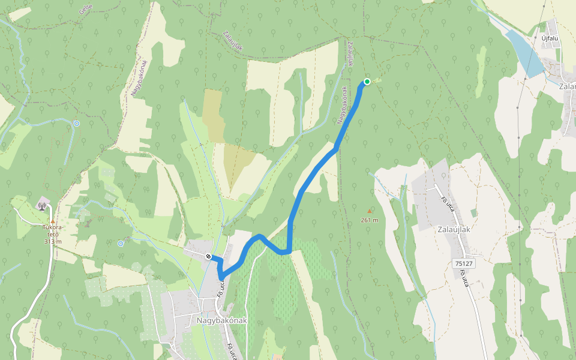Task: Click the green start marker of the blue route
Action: coord(367,82)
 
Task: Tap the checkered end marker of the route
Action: coord(208,257)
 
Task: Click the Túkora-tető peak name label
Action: coord(52,230)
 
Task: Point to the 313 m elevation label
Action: coord(53,241)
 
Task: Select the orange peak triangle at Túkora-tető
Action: coord(52,221)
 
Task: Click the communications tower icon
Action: coord(41,206)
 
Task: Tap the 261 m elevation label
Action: coord(369,220)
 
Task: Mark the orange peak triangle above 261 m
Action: coord(369,211)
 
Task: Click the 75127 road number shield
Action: coord(464,263)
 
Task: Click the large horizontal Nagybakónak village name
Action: coord(221,320)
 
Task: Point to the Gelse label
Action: coord(86,8)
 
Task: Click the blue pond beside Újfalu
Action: coord(524,54)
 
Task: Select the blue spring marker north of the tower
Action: coord(77,124)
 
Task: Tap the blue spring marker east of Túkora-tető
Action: coord(121,243)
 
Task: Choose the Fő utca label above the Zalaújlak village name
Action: coord(445,203)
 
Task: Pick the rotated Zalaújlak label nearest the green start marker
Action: coord(350,53)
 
